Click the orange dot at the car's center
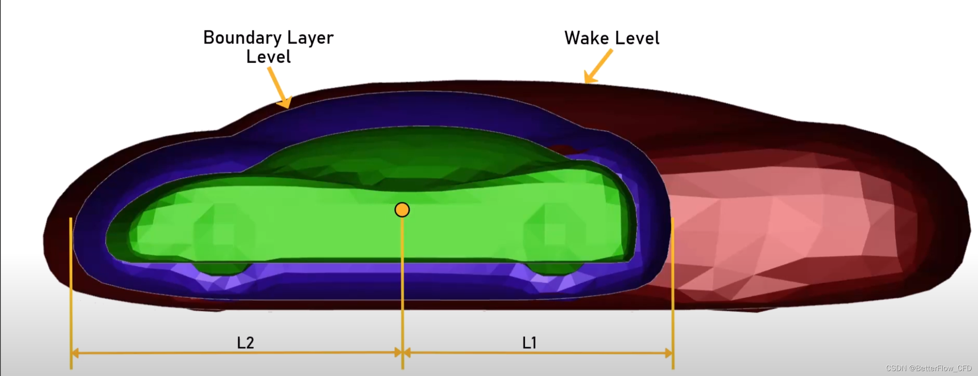tap(402, 210)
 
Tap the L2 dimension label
tap(245, 343)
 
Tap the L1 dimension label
tap(529, 343)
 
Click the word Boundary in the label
tap(242, 38)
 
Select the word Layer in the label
tap(310, 38)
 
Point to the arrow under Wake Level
tap(598, 66)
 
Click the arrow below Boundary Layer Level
tap(279, 88)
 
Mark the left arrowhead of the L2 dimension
tap(75, 353)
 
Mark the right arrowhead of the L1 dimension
tap(669, 353)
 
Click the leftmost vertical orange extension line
tap(71, 288)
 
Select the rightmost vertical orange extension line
tap(673, 288)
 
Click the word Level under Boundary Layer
tap(268, 57)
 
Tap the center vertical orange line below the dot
tap(402, 288)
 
